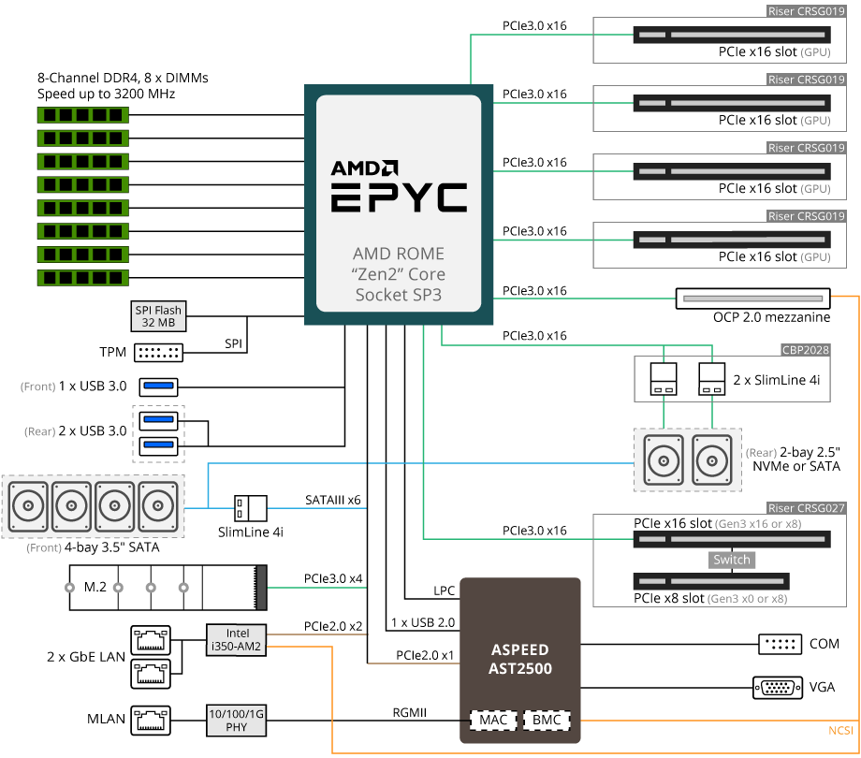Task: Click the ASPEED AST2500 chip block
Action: [x=520, y=660]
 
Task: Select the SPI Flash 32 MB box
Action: [x=158, y=316]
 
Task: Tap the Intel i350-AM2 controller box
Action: [x=237, y=640]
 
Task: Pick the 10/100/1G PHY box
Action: [x=237, y=721]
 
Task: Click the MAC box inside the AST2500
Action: [x=493, y=721]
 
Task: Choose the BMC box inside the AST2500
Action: [x=547, y=721]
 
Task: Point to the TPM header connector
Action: [x=159, y=353]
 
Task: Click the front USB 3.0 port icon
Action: [x=159, y=386]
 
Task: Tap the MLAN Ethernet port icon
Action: [x=151, y=721]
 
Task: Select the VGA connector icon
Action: [x=778, y=687]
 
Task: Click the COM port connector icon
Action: [x=781, y=644]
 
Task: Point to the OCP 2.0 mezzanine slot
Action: [x=752, y=299]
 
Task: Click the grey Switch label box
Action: [x=732, y=560]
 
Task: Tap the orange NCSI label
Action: [x=840, y=731]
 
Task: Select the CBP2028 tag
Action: [x=806, y=350]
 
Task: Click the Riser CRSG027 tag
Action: [x=806, y=508]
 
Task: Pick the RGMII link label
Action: [x=410, y=712]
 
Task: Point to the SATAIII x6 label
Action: [x=333, y=500]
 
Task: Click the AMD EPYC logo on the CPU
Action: [x=400, y=186]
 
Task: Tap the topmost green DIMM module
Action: [x=83, y=115]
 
